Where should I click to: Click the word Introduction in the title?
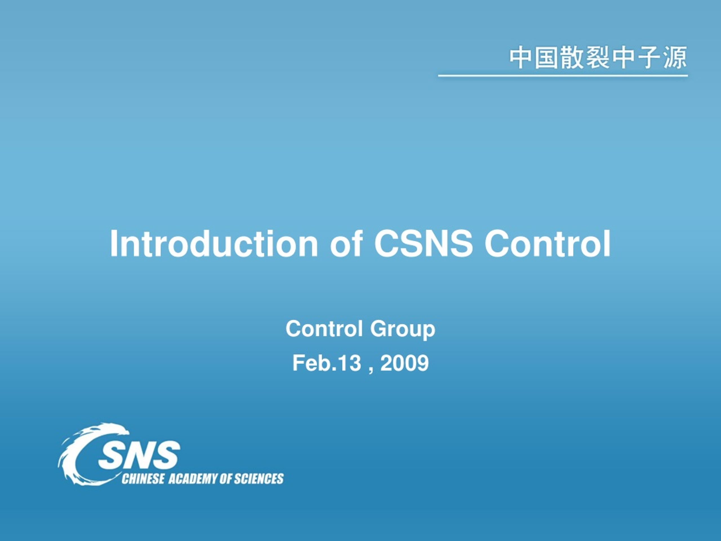point(213,244)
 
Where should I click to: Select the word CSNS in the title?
point(423,244)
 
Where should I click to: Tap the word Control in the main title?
point(548,244)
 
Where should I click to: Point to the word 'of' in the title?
point(346,244)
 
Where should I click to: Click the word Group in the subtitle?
point(402,330)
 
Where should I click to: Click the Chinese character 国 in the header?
point(547,58)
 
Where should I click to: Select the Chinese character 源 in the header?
point(675,58)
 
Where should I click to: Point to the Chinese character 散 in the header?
point(572,58)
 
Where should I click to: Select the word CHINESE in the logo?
point(143,479)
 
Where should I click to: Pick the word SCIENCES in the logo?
point(259,479)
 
